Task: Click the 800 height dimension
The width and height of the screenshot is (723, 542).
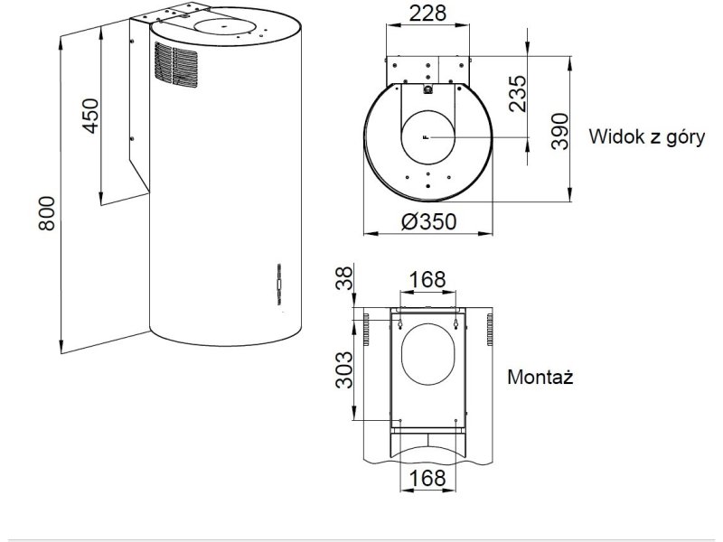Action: point(47,213)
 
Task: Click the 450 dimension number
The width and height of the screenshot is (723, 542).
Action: point(91,116)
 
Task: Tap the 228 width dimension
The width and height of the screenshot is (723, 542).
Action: point(427,13)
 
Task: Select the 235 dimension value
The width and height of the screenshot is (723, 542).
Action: point(517,94)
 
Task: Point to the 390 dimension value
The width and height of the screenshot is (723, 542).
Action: point(560,131)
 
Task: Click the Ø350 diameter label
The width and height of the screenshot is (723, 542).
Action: point(428,221)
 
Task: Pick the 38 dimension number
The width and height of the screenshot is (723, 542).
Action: point(344,277)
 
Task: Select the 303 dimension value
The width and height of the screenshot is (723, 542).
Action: point(343,370)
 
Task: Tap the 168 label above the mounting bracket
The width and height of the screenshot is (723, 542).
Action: point(427,280)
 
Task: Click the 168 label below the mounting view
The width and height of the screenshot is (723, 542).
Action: point(427,478)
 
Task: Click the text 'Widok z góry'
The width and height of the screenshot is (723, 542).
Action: point(646,137)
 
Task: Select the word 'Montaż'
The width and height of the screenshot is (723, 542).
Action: point(540,377)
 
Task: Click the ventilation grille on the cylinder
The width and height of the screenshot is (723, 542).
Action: point(175,65)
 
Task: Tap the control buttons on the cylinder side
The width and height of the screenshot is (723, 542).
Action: point(279,285)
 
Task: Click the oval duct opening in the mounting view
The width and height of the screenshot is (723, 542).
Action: point(427,354)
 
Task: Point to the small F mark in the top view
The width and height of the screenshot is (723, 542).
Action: point(426,137)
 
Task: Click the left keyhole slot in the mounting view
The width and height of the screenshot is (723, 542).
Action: point(400,324)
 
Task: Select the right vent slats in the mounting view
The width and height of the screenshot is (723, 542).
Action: point(489,330)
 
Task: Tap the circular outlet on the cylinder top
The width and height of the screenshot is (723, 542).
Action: point(223,26)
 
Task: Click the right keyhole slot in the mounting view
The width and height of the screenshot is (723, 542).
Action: point(455,324)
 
